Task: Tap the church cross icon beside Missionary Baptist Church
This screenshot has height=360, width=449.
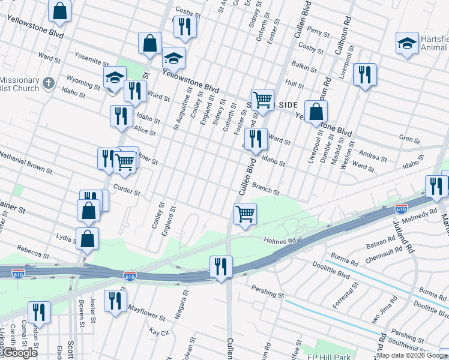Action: point(49,82)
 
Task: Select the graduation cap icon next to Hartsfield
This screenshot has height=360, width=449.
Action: point(407,43)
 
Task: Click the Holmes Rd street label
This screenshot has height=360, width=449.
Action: point(280,241)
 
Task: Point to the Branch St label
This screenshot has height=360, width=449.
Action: point(265,189)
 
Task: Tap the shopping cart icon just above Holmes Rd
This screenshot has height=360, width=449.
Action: point(245,214)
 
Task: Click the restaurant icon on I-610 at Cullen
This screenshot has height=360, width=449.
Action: point(220,266)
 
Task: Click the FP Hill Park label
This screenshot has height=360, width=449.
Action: point(329,356)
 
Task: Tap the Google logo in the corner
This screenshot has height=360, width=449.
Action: point(19,353)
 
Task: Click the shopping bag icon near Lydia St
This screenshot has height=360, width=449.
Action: point(88,237)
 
